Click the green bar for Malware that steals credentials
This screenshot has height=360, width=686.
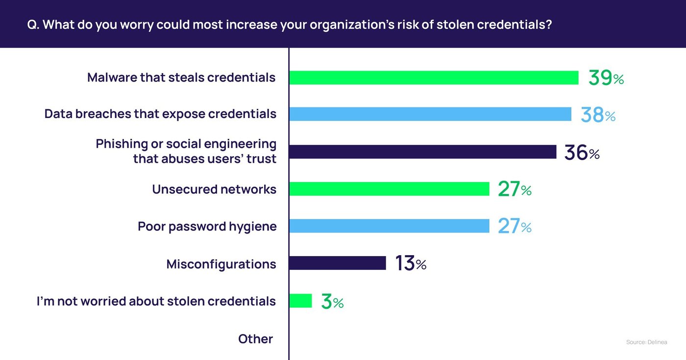pos(434,77)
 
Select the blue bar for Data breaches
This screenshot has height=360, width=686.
pos(430,114)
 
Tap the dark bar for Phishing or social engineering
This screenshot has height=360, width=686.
pos(422,152)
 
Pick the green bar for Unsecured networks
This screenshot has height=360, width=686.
pos(389,189)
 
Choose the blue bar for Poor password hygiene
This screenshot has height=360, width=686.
pos(389,226)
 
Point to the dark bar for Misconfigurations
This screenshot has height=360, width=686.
pos(338,263)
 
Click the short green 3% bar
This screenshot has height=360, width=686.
pos(300,301)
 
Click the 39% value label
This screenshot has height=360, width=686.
pos(606,78)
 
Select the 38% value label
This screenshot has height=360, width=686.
pos(598,115)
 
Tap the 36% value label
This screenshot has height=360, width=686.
pos(582,153)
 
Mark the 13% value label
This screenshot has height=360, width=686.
pos(411,264)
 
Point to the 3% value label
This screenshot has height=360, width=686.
pos(332,302)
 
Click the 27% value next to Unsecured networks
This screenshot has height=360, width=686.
pos(514,190)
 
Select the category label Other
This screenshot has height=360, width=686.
pos(255,339)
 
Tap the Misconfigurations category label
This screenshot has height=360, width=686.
pos(221,264)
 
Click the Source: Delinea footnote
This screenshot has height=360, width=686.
pos(646,342)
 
